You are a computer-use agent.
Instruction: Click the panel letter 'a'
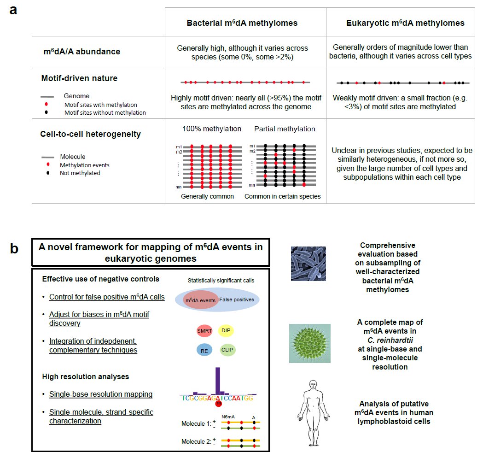pos(13,10)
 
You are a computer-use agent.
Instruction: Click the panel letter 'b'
pos(14,249)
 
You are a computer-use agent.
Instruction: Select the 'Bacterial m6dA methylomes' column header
pos(242,23)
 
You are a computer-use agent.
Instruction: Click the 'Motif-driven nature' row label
pos(79,78)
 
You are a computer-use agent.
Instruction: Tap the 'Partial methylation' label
pos(285,129)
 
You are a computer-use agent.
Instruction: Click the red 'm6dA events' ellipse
pos(199,300)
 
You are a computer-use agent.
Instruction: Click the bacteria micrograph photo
pos(308,264)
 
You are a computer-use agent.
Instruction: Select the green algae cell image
pos(309,343)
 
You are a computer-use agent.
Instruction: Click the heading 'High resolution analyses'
pos(85,376)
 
